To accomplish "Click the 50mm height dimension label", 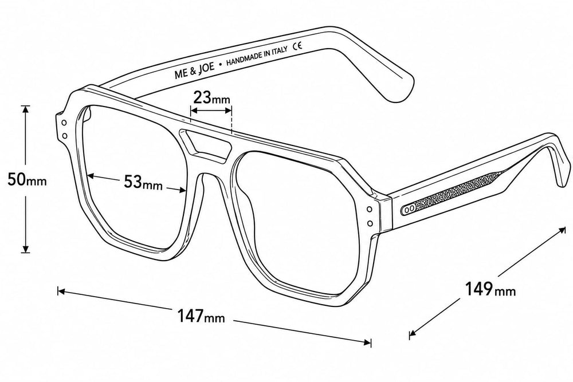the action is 27,179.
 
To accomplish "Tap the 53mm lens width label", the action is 143,182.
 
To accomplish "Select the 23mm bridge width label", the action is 211,97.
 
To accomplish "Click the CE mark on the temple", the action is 297,46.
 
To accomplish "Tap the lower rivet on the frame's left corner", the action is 65,136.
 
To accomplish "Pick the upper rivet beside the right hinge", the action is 370,210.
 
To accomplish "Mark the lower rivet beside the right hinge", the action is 370,223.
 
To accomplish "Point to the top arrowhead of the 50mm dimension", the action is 25,109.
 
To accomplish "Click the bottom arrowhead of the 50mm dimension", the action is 25,249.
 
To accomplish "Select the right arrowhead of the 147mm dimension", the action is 367,342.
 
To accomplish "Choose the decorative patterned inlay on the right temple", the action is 453,192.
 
